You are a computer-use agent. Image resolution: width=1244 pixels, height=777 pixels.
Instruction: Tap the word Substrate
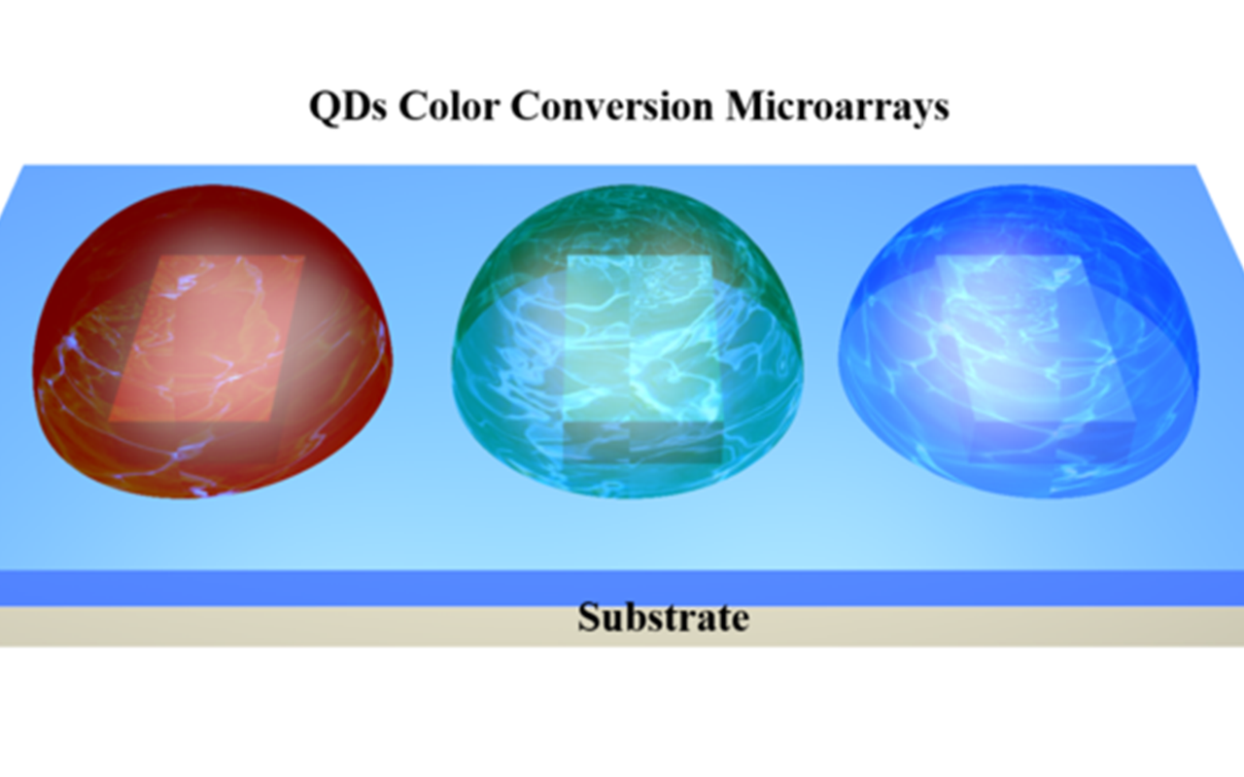664,618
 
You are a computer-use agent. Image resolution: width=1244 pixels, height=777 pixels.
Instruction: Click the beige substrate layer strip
292,626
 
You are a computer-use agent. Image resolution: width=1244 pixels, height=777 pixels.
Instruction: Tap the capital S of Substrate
588,618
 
